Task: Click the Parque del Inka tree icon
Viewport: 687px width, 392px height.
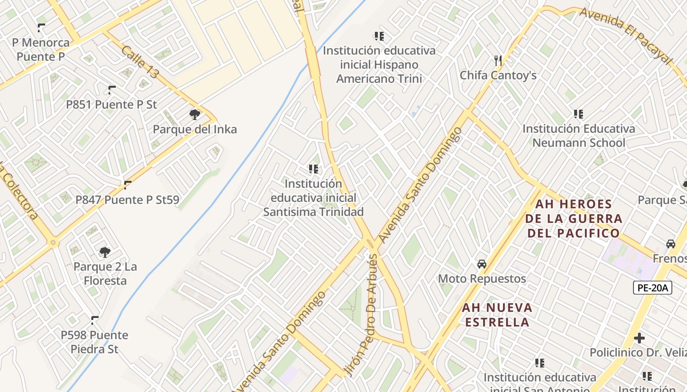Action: coord(195,115)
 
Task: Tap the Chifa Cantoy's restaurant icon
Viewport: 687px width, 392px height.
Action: coord(498,61)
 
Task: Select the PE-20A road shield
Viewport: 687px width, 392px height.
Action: coord(652,288)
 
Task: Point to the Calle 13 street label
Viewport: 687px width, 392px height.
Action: coord(140,62)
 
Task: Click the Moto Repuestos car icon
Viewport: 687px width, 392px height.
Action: coord(482,264)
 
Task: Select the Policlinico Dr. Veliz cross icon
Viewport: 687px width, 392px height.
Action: coord(639,338)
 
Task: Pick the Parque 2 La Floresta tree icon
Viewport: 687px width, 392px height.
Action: coord(105,252)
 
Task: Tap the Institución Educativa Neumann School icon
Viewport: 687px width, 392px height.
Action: coord(579,114)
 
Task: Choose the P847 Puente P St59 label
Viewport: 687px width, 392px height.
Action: coord(127,200)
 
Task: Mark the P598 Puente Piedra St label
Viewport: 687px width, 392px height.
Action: coord(94,342)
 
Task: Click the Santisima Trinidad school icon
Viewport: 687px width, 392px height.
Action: coord(313,169)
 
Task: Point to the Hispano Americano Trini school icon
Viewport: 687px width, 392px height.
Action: coord(379,36)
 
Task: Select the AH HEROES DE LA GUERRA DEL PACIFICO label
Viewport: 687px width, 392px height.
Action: coord(574,219)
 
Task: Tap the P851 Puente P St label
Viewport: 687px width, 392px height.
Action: coord(111,104)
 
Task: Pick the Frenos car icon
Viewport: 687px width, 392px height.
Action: coord(671,244)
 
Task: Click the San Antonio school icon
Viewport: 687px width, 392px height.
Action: coord(540,363)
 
